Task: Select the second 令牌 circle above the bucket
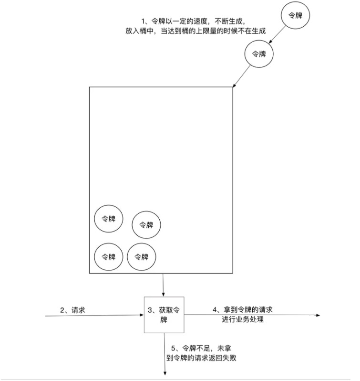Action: tap(259, 54)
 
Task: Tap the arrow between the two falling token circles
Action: tap(278, 35)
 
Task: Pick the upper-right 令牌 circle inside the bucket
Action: tap(146, 224)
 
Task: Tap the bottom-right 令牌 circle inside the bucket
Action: tap(142, 256)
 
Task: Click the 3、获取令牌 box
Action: tap(164, 315)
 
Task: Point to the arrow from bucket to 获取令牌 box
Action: tap(164, 285)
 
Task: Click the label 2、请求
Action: tap(73, 310)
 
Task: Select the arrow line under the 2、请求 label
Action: tap(95, 316)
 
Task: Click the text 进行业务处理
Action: tap(243, 319)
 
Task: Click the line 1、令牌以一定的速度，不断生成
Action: tap(193, 21)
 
